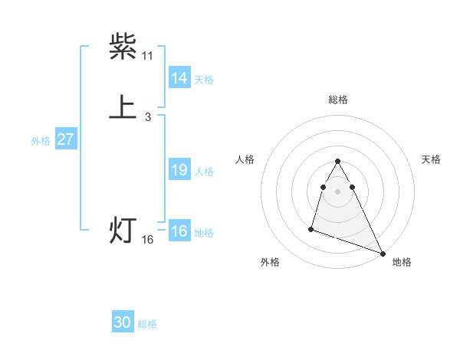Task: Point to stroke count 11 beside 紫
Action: (x=148, y=56)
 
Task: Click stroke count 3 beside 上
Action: (x=148, y=117)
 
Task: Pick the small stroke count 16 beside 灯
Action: (x=148, y=240)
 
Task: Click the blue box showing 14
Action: (x=179, y=77)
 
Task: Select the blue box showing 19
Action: (x=179, y=170)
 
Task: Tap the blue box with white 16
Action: (x=179, y=231)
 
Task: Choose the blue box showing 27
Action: (x=66, y=139)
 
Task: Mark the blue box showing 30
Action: (x=123, y=322)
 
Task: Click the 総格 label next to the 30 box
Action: (x=147, y=324)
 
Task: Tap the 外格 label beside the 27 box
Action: (x=41, y=141)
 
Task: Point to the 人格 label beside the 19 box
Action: (x=205, y=172)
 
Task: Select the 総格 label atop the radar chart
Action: (x=338, y=100)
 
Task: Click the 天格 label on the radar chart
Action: (x=431, y=159)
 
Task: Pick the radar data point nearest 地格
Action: (x=383, y=253)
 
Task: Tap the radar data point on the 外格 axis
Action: (x=311, y=228)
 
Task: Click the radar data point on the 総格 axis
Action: (x=338, y=161)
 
